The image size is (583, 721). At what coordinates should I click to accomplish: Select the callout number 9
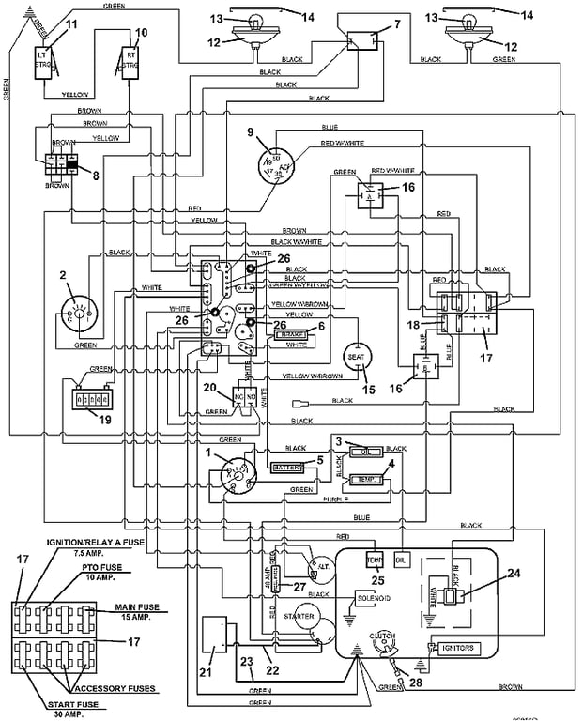(252, 130)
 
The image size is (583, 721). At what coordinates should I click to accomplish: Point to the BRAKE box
(289, 333)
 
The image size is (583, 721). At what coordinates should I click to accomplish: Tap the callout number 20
(210, 388)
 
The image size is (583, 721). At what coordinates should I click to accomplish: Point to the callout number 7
(396, 23)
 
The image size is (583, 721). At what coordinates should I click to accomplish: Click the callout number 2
(62, 274)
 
